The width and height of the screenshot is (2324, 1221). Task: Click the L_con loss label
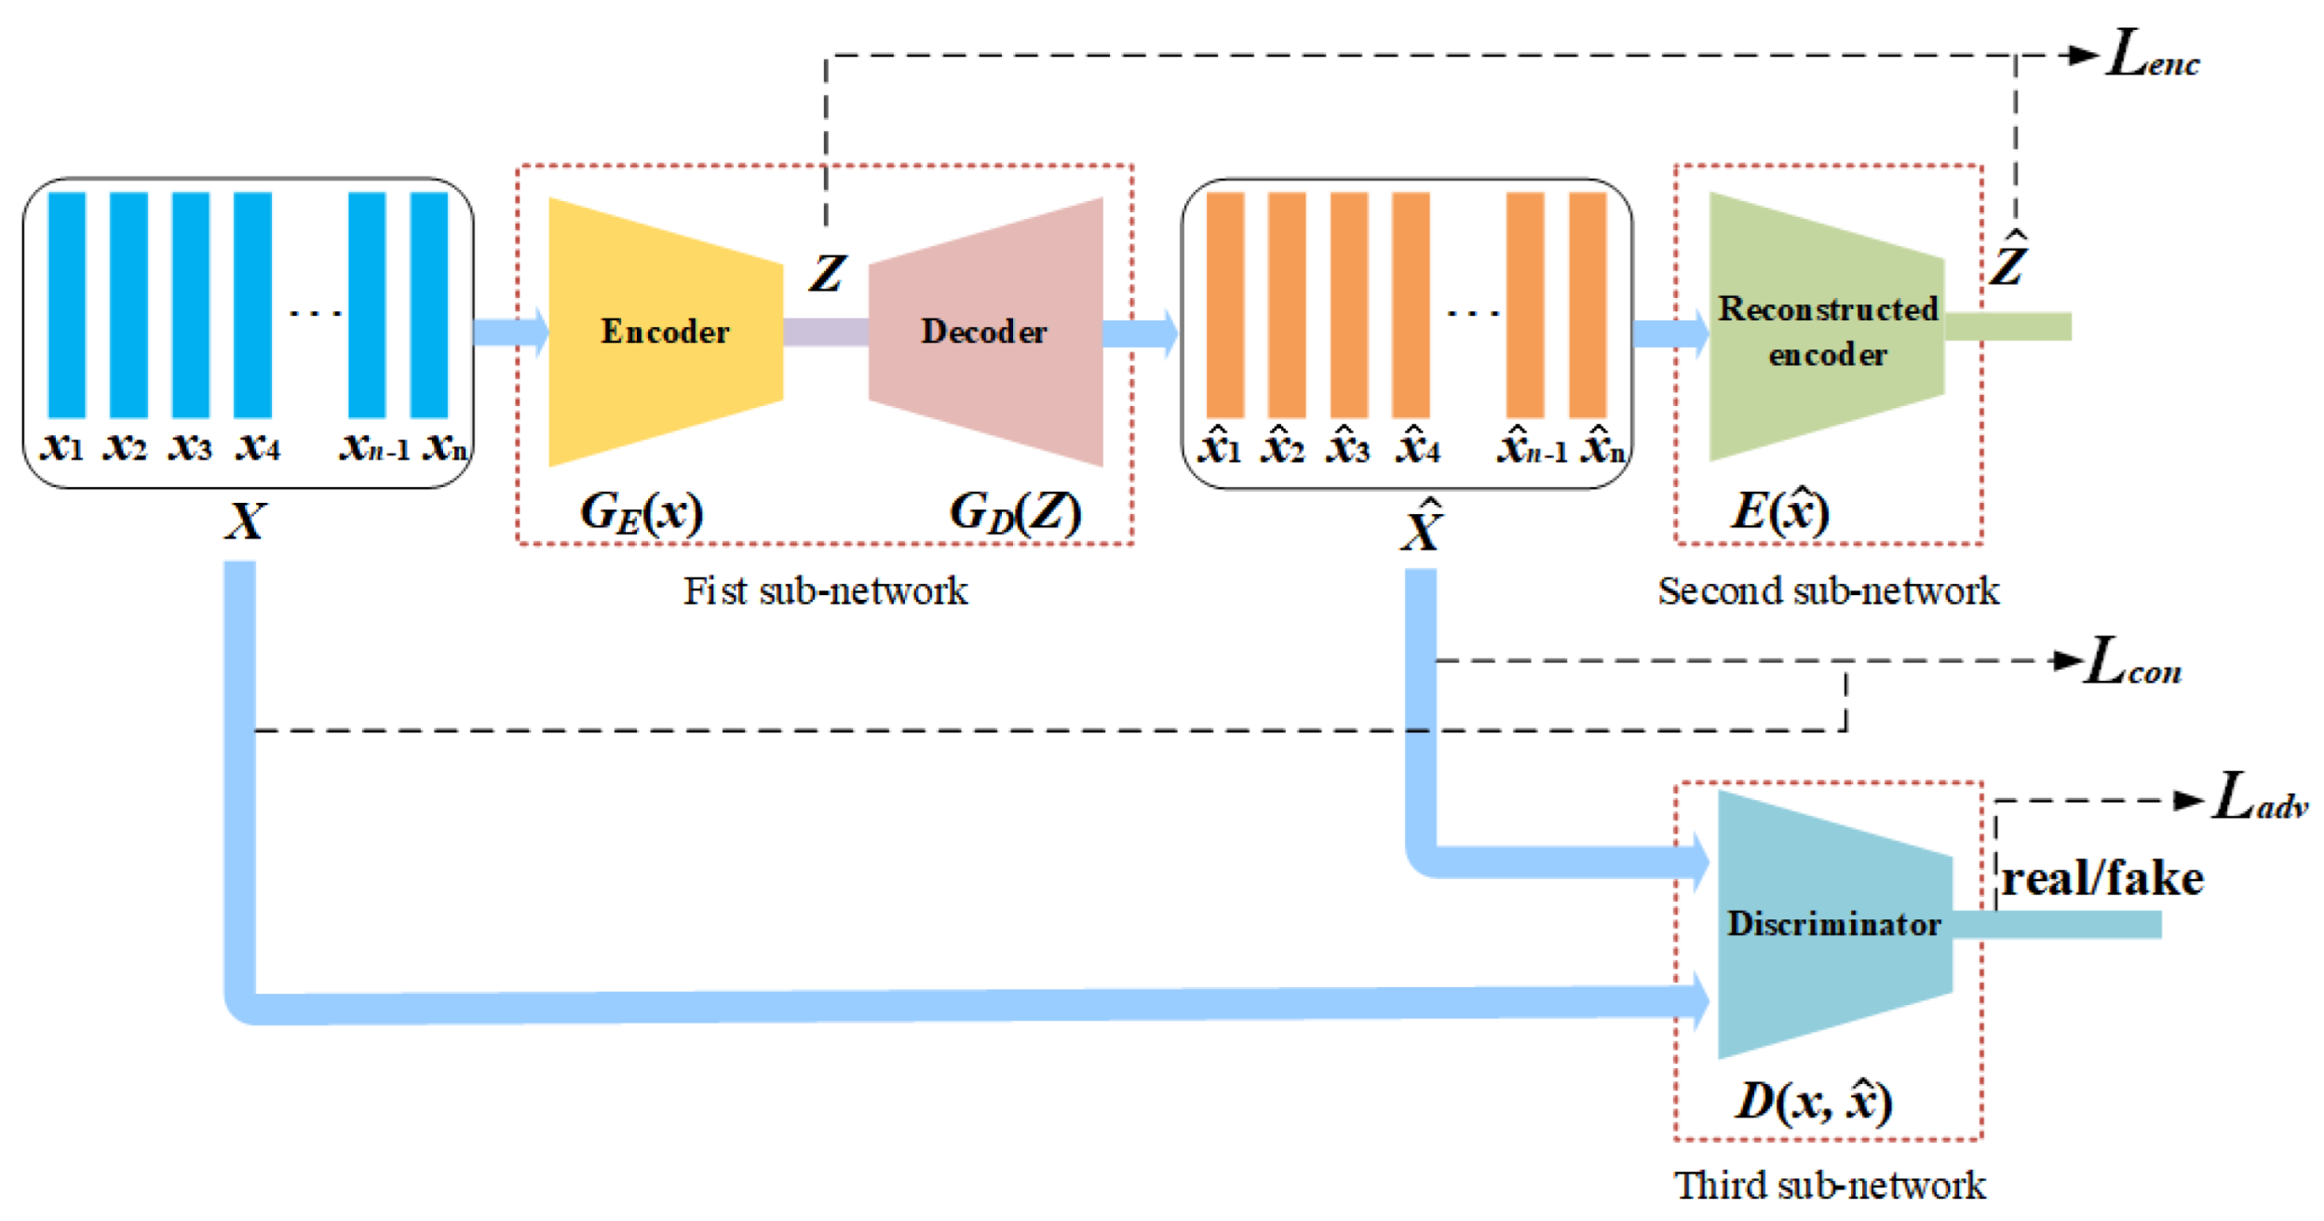(x=2132, y=662)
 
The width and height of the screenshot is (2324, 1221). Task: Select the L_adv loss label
(x=2258, y=798)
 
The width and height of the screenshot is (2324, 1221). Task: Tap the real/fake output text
(x=2101, y=878)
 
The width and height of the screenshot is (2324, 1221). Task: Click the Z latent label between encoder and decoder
(x=827, y=274)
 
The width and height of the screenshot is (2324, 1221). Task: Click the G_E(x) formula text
(x=642, y=511)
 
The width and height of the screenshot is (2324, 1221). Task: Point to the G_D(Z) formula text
(x=1015, y=511)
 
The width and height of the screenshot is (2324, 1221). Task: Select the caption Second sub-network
(x=1827, y=590)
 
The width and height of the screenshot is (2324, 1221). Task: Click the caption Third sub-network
(x=1829, y=1186)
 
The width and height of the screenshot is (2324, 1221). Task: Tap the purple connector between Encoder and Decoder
(x=825, y=332)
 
